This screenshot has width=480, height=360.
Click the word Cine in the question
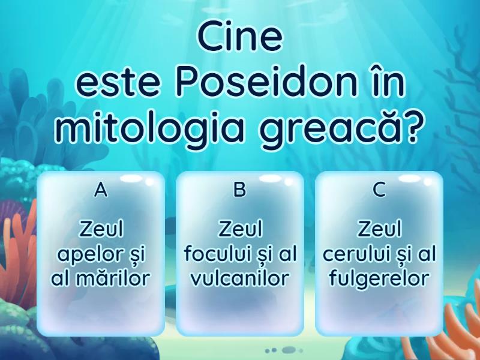tap(240, 38)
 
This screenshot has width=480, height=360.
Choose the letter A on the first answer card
tap(101, 190)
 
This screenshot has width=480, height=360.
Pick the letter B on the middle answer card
tap(240, 190)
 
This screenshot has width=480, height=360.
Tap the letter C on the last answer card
tap(379, 190)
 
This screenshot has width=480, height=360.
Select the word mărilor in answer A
tap(114, 278)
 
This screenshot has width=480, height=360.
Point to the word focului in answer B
tap(215, 254)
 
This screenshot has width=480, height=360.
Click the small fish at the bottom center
tap(290, 350)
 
